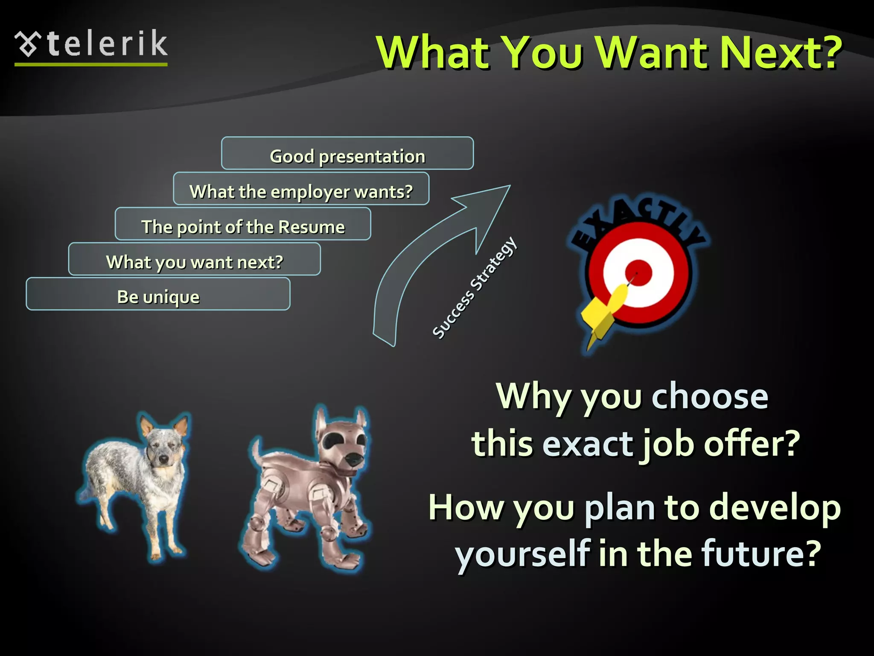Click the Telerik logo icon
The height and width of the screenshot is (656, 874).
click(x=28, y=44)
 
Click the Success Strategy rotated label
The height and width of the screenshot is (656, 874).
click(x=475, y=288)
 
